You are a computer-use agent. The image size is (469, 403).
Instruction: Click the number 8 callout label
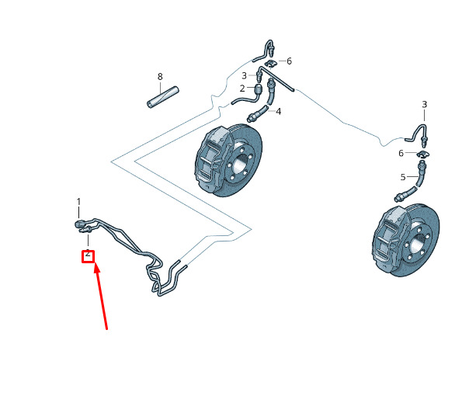click(160, 77)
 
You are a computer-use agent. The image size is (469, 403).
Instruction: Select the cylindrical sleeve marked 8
click(163, 97)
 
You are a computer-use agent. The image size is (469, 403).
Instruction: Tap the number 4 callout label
click(278, 112)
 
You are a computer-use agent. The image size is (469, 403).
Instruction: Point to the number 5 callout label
click(403, 177)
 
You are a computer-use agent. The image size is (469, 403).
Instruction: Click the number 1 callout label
click(78, 202)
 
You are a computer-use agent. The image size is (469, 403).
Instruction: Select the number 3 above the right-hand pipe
click(425, 104)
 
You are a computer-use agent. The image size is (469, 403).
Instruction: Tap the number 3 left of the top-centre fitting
click(244, 75)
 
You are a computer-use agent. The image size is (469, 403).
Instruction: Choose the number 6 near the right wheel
click(401, 153)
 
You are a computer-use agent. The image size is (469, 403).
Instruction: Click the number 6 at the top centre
click(289, 61)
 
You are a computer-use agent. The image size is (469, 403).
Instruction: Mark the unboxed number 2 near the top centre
click(242, 89)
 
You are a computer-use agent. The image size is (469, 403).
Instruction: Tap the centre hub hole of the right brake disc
click(417, 245)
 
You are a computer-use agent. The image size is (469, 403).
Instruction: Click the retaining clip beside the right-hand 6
click(423, 155)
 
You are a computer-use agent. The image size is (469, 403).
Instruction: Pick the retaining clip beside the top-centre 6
click(270, 63)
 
